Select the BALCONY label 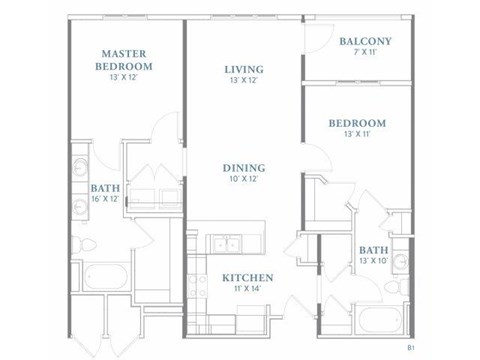(364, 41)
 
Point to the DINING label (244, 168)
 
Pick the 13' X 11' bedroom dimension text (357, 135)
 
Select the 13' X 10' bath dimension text (373, 262)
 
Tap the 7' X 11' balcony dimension (364, 53)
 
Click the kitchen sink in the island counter (217, 243)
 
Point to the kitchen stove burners (247, 243)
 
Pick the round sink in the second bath (398, 262)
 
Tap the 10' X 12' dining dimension (244, 179)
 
